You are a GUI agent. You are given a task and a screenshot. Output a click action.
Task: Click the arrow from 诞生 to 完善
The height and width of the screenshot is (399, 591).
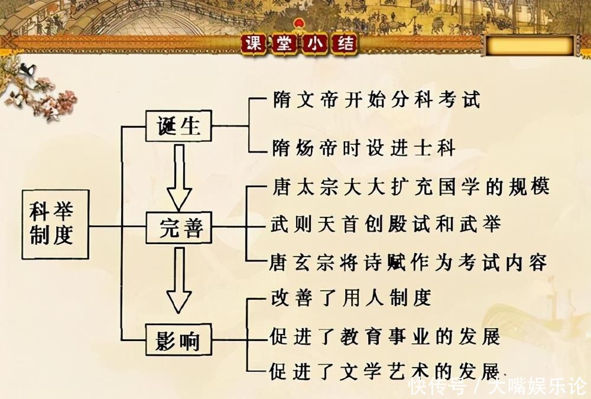coord(180,177)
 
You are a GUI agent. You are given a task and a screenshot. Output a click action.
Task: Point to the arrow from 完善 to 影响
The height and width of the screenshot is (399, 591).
coord(180,280)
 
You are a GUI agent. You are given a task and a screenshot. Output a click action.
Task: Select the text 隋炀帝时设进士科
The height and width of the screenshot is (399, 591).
coord(364,147)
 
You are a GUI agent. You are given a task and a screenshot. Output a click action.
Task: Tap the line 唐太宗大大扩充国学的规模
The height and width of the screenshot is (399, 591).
coord(411,186)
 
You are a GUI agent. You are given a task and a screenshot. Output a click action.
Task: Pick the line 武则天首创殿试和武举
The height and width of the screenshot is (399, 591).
coord(386,224)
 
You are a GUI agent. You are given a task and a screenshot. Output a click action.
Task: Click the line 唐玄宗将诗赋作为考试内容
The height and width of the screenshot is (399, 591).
coord(408,262)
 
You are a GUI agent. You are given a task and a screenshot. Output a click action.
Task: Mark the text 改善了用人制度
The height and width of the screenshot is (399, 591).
coord(351,298)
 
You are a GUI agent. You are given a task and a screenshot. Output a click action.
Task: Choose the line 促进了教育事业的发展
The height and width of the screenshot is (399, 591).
coord(385,336)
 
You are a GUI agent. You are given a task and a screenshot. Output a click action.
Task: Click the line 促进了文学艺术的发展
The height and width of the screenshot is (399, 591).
coord(385,371)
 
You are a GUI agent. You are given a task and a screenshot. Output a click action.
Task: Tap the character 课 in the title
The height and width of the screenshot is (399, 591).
coord(254,44)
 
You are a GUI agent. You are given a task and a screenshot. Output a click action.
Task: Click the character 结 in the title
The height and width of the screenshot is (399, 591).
coord(345,44)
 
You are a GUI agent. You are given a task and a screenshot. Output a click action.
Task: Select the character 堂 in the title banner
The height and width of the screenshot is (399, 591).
coord(285,44)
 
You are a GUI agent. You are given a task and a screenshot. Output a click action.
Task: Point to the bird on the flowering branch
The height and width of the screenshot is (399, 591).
coord(28,70)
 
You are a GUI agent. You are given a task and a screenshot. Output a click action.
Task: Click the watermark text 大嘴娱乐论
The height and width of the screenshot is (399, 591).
coord(538,387)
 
